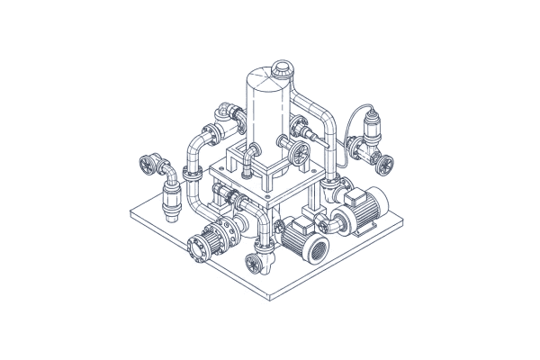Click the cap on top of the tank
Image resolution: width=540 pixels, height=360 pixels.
[282, 67]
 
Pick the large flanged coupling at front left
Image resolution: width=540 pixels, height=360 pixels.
[202, 244]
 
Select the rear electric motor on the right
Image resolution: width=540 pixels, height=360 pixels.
[364, 214]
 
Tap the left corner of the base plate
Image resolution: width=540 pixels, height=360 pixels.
[131, 213]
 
